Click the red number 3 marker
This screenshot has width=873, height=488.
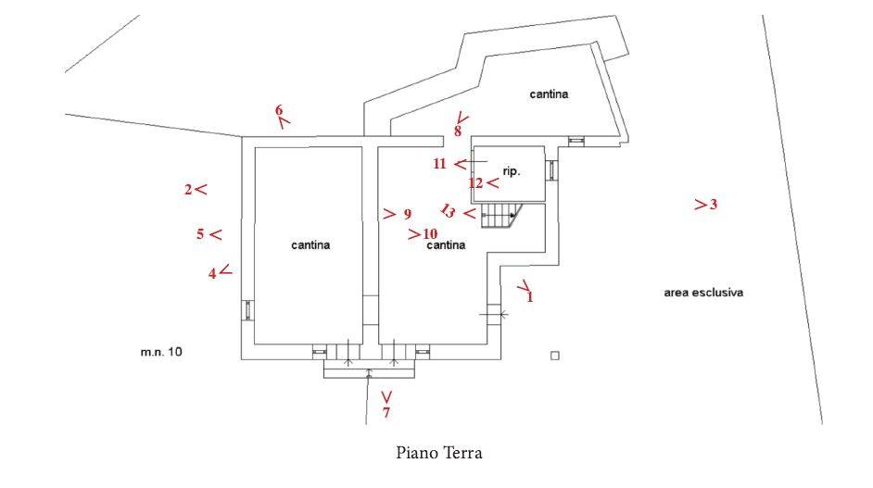click(714, 205)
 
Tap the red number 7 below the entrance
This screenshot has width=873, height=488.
click(386, 412)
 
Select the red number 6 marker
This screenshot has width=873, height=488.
click(279, 109)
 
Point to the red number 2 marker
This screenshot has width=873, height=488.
click(188, 190)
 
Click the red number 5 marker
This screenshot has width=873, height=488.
click(200, 233)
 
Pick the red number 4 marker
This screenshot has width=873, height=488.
click(212, 274)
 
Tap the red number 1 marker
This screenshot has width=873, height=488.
click(529, 296)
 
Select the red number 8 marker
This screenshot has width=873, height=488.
click(458, 131)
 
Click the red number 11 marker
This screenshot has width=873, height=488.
click(440, 164)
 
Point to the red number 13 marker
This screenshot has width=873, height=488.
click(448, 211)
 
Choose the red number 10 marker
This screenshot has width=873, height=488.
click(430, 233)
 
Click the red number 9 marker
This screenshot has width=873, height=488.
click(408, 214)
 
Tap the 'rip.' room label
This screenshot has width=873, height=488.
click(512, 171)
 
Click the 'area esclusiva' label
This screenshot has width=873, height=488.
click(703, 292)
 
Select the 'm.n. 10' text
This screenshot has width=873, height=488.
click(161, 352)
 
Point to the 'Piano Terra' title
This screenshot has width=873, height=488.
click(438, 453)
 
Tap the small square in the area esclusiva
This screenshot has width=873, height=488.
click(554, 356)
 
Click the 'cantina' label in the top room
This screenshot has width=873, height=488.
click(549, 94)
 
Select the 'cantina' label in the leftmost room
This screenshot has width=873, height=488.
click(310, 244)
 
